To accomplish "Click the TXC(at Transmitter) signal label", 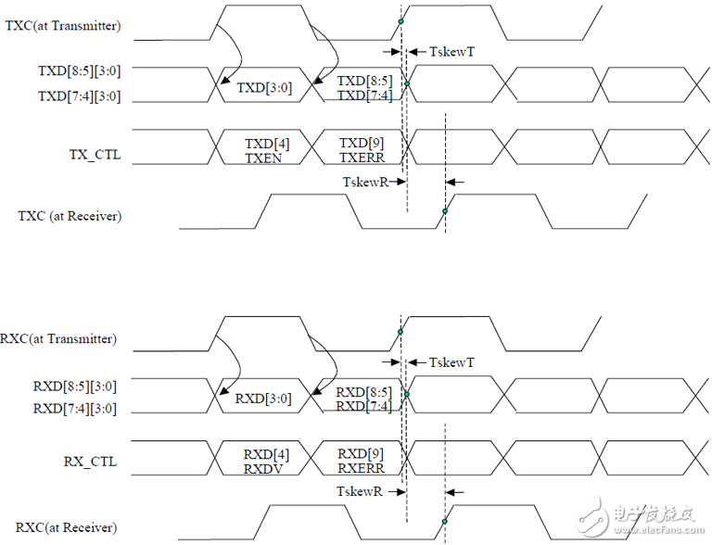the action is coord(63,25).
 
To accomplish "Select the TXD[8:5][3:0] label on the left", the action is coord(80,70).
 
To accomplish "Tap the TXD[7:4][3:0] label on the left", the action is coord(80,96).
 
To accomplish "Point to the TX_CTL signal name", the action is coord(95,155).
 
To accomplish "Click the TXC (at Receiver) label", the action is coord(70,216).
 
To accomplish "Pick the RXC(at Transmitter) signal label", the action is coord(58,339).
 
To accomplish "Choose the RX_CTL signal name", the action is coord(90,462).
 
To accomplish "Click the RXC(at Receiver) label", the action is coord(67,527).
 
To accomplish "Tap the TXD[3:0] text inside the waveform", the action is coord(264,87).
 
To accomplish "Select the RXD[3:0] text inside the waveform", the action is coord(263,399).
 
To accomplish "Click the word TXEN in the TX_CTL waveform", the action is coord(263,158).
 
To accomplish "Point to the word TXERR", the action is coord(362,158).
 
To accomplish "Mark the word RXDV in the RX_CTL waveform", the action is coord(263,469).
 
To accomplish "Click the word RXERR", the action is coord(361,468).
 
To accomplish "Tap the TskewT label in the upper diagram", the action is coord(451,52).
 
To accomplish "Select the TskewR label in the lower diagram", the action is coord(360,491).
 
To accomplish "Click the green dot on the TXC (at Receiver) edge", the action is coord(445,211).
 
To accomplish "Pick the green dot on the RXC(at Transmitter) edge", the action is coord(400,332).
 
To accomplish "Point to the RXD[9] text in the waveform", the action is coord(361,454).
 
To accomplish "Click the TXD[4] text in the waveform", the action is coord(267,144).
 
